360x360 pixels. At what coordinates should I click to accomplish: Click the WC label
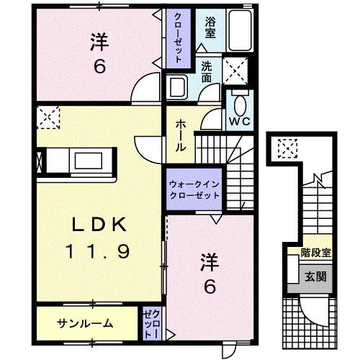point(240,121)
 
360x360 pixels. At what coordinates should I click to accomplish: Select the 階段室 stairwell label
point(315,253)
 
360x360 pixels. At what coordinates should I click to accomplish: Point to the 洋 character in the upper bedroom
point(99,40)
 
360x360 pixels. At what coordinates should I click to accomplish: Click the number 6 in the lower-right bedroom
point(209,286)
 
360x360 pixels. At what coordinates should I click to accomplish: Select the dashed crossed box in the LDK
point(50,115)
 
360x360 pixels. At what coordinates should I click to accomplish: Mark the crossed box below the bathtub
point(236,71)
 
